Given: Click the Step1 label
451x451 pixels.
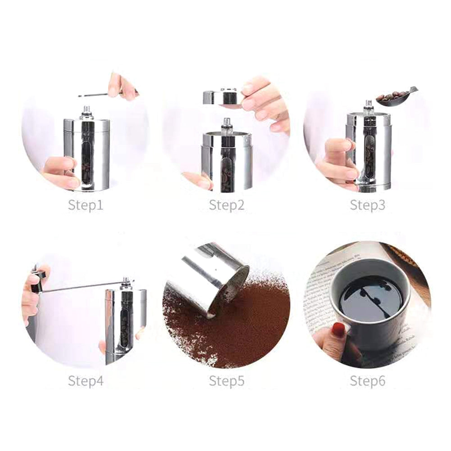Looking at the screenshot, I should tap(86, 206).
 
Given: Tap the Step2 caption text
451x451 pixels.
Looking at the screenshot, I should tap(227, 206).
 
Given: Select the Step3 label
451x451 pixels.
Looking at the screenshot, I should tap(368, 206).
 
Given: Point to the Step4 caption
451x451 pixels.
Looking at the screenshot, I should tap(86, 381).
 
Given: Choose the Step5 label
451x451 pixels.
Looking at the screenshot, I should tap(227, 381).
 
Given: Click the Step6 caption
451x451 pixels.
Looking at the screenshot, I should tap(368, 381).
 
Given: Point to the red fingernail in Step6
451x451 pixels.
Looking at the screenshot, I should tap(338, 330).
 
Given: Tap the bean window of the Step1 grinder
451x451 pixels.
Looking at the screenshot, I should tap(87, 162).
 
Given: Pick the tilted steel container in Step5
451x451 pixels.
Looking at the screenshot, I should tap(207, 277).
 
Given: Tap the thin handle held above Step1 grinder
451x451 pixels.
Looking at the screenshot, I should tap(97, 95).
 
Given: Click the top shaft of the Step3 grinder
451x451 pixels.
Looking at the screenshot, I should tap(368, 106).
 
